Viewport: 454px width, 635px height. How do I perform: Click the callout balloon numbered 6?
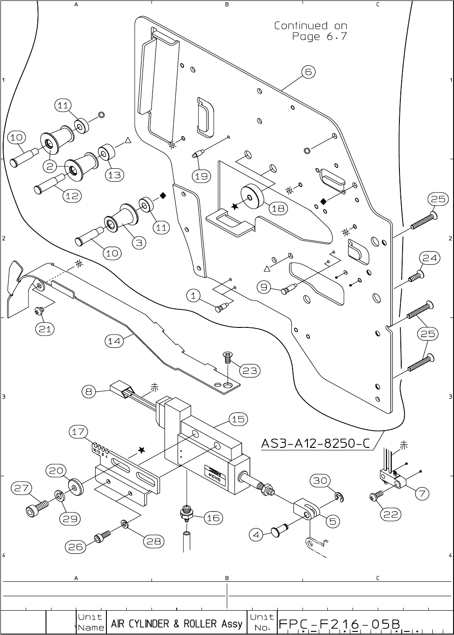[308, 72]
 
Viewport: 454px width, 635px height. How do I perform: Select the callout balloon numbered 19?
[201, 176]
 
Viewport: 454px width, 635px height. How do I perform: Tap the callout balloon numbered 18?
[279, 208]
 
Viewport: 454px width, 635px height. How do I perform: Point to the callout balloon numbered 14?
[115, 341]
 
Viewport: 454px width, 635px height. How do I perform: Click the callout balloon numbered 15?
[238, 419]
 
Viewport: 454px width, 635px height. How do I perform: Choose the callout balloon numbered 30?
[320, 481]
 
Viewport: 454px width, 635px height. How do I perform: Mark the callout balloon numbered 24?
[430, 258]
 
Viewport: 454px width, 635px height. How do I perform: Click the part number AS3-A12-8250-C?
[316, 444]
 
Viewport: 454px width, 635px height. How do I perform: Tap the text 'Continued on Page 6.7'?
[311, 31]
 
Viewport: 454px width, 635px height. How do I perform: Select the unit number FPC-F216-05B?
[339, 624]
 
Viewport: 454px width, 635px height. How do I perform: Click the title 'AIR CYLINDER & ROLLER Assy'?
[177, 624]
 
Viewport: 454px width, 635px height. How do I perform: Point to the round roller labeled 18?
[251, 196]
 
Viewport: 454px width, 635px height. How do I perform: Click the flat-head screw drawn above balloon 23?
[228, 357]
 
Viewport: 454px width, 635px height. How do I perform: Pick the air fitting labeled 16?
[186, 514]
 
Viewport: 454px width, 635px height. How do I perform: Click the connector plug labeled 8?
[122, 388]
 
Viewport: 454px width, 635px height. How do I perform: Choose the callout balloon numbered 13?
[115, 175]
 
